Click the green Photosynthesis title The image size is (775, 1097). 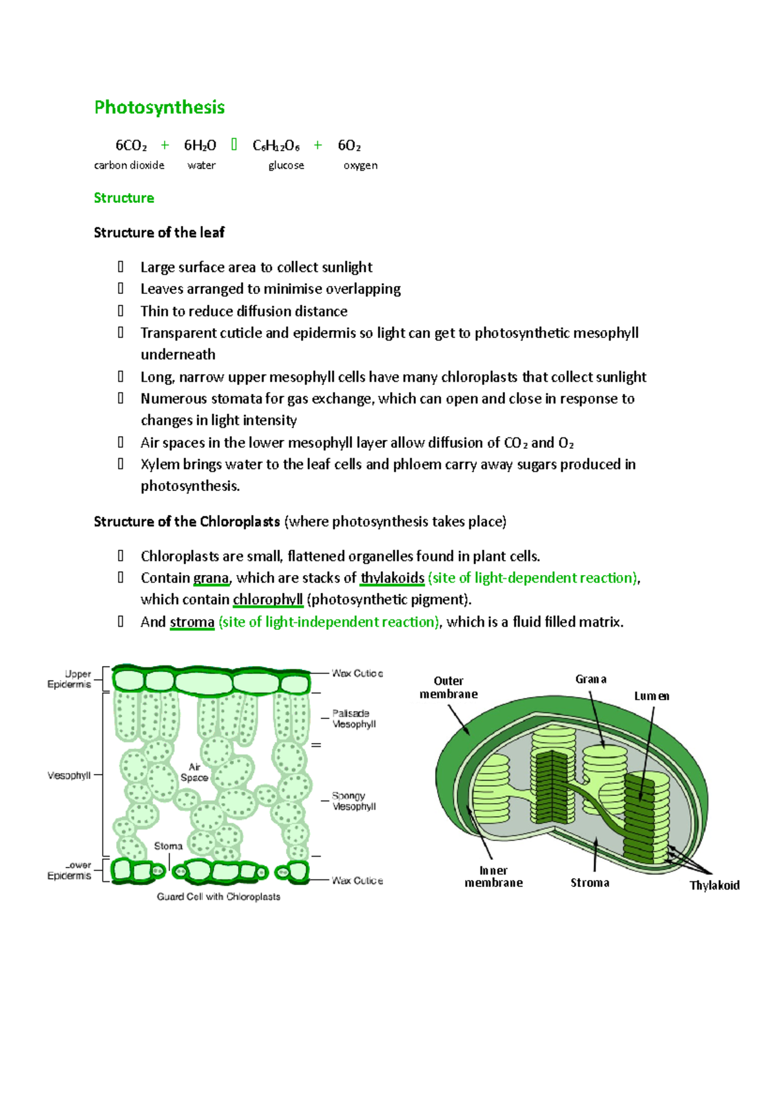click(160, 107)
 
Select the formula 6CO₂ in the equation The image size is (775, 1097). click(131, 145)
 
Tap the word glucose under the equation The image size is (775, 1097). click(286, 165)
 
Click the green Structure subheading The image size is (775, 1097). click(124, 198)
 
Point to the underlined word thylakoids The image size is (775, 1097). click(392, 578)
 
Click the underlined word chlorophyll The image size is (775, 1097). click(267, 600)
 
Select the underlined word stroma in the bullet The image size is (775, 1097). click(192, 622)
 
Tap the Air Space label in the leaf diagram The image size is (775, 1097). click(194, 772)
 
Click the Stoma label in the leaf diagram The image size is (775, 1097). click(168, 846)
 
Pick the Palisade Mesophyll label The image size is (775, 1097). click(353, 718)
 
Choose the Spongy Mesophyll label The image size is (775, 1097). click(353, 801)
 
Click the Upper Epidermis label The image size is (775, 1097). click(70, 679)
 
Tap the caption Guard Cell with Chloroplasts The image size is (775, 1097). click(218, 897)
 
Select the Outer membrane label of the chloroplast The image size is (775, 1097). click(449, 687)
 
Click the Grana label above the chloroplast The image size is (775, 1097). click(591, 679)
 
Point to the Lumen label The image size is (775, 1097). click(651, 696)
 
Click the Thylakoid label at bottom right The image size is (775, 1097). click(714, 885)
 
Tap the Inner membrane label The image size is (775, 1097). click(493, 877)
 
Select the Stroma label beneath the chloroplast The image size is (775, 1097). click(590, 883)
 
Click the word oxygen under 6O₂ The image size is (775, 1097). click(360, 165)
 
